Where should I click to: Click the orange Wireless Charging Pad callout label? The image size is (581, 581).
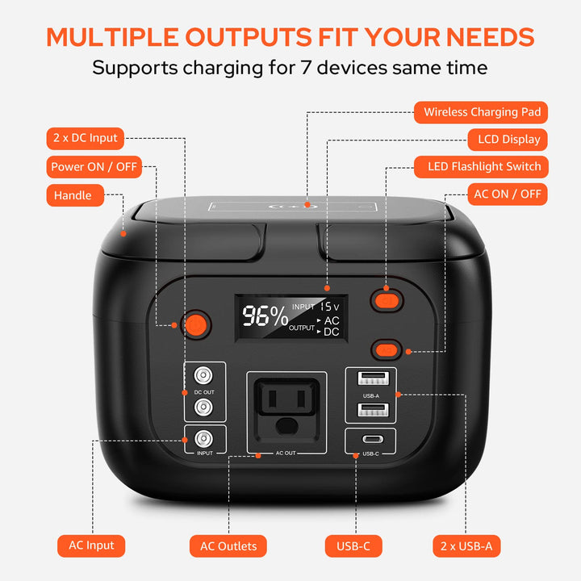pyautogui.click(x=482, y=111)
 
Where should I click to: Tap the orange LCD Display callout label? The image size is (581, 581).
pyautogui.click(x=508, y=139)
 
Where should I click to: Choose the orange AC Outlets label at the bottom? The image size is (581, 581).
pyautogui.click(x=228, y=546)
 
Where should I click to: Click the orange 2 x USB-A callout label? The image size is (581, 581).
pyautogui.click(x=466, y=546)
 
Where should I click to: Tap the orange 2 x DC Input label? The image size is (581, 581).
pyautogui.click(x=85, y=138)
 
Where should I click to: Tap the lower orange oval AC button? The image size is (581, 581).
pyautogui.click(x=387, y=350)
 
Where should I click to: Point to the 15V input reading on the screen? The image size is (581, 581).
pyautogui.click(x=329, y=307)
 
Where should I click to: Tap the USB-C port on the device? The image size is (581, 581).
pyautogui.click(x=370, y=441)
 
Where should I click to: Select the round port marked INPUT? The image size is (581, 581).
pyautogui.click(x=204, y=439)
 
